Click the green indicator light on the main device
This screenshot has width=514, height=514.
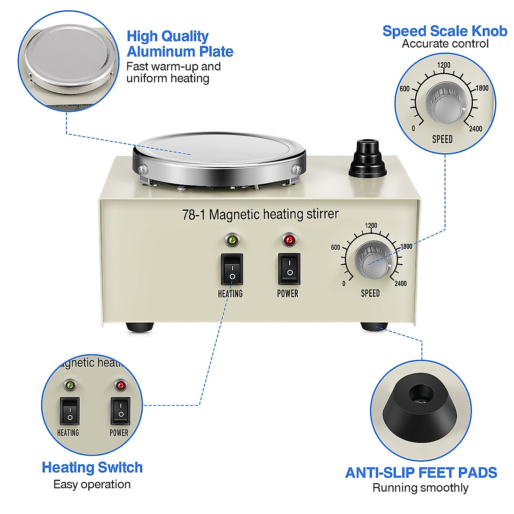point(232,240)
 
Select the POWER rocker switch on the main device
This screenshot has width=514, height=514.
point(290,269)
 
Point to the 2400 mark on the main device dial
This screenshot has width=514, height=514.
point(400,284)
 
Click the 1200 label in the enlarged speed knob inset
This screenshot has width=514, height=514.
point(444,65)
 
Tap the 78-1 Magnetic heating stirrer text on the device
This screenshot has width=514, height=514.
point(260,214)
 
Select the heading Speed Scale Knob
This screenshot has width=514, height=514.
point(445,31)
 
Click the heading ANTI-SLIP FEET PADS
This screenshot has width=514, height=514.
point(421,472)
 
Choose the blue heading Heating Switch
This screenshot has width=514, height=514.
point(92,467)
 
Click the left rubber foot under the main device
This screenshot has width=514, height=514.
point(140,326)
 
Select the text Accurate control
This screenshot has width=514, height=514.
point(445,44)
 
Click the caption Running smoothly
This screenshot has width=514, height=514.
point(420,488)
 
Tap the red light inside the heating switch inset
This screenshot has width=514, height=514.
point(120,386)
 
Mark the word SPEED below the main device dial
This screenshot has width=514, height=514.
point(370,293)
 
